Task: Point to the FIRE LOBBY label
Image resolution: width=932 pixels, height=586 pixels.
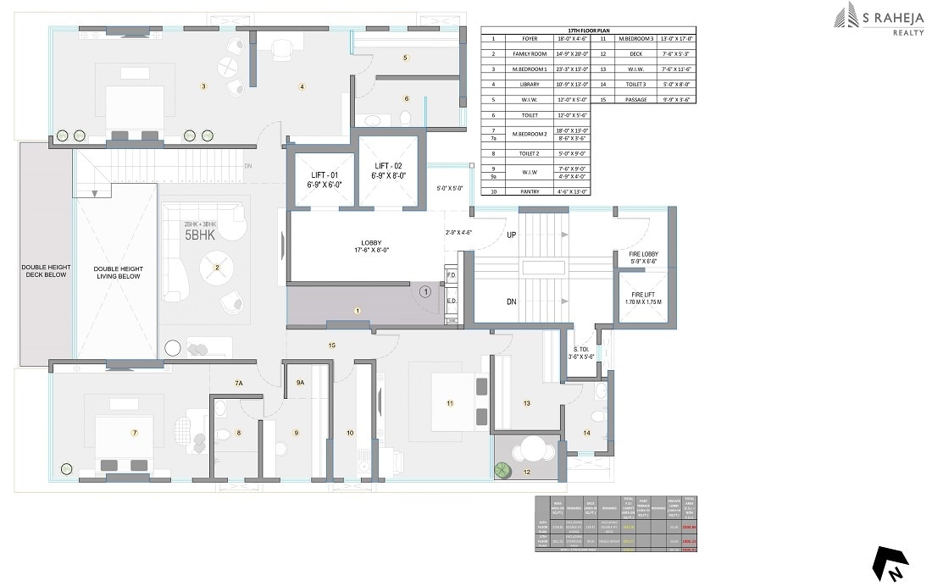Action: pyautogui.click(x=643, y=254)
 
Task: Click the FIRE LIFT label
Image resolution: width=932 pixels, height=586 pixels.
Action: pyautogui.click(x=643, y=296)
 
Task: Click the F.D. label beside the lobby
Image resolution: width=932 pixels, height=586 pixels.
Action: pyautogui.click(x=452, y=275)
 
